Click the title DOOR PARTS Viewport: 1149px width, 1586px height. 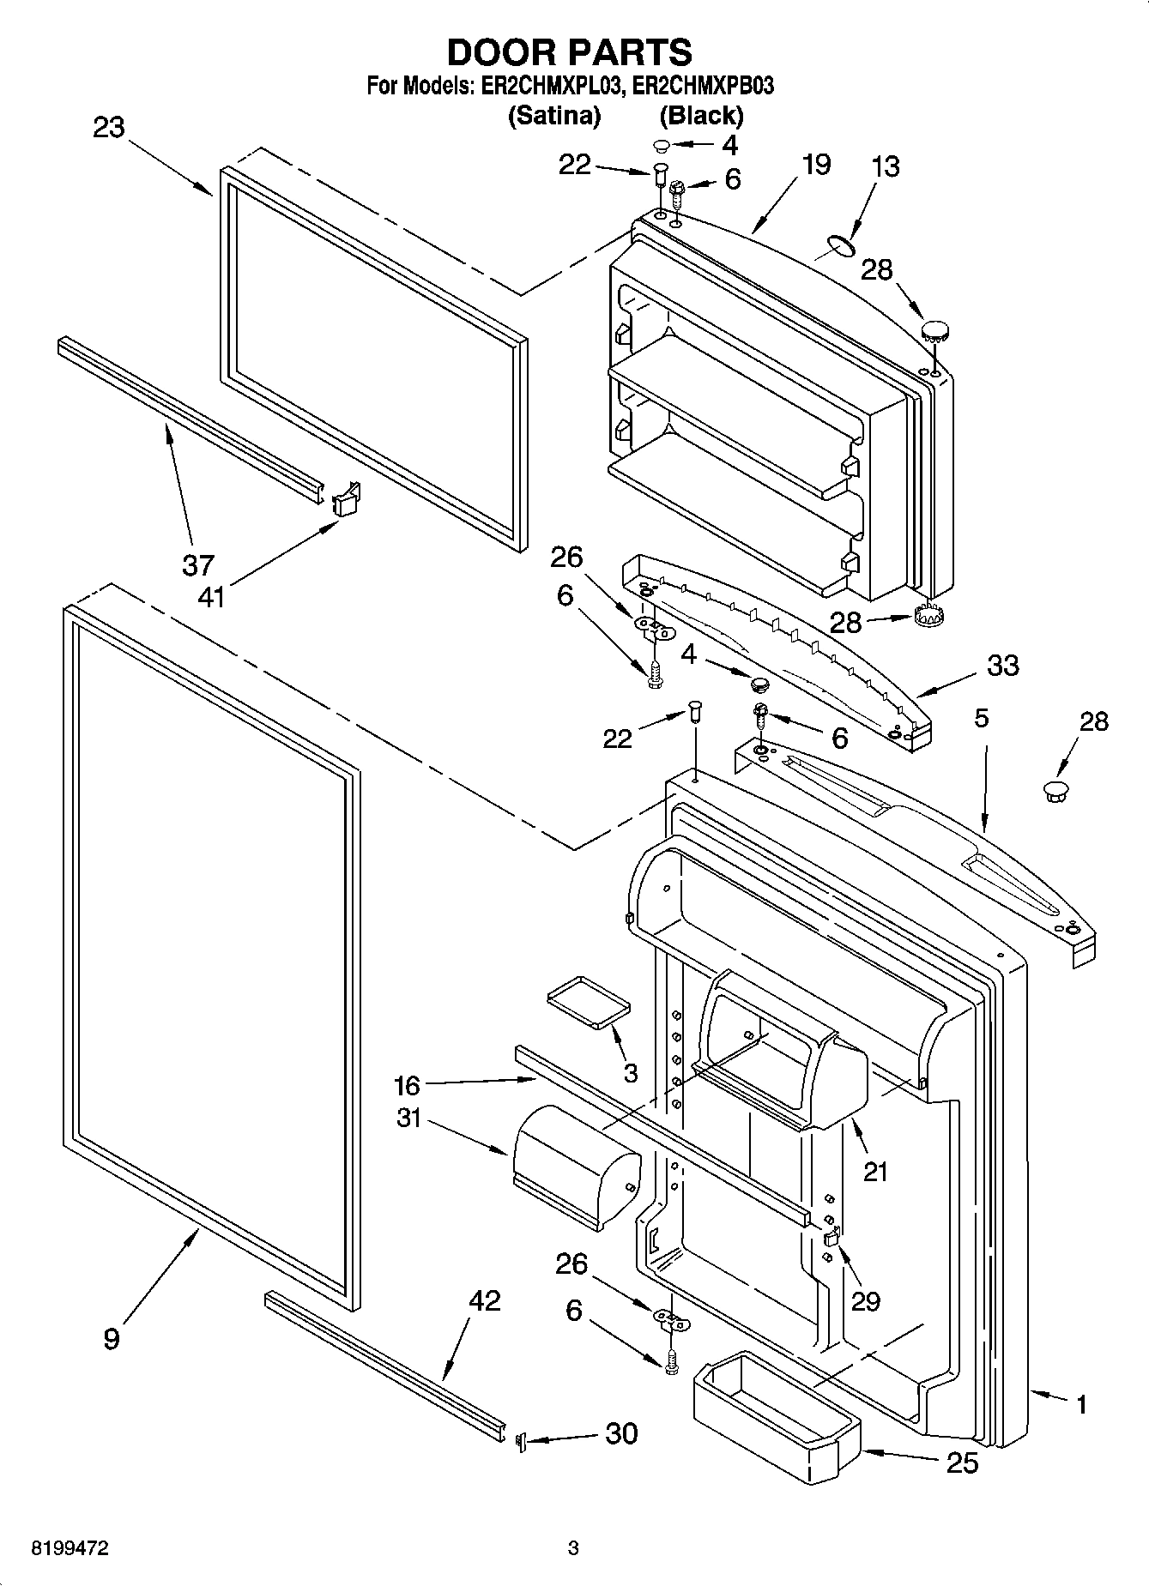(x=569, y=52)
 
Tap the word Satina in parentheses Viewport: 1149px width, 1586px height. (x=554, y=115)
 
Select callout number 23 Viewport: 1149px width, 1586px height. (x=109, y=128)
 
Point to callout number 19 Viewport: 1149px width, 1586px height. (x=815, y=164)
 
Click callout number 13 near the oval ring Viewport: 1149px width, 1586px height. (x=885, y=166)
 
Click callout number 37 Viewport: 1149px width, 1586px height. (x=197, y=565)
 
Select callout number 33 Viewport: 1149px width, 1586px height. (x=1002, y=665)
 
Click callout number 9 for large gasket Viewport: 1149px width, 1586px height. (x=112, y=1338)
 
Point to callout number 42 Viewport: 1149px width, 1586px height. (x=484, y=1300)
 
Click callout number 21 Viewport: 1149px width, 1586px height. (x=875, y=1171)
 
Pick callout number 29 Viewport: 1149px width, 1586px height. (x=866, y=1301)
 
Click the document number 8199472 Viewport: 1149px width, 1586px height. (x=70, y=1548)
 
